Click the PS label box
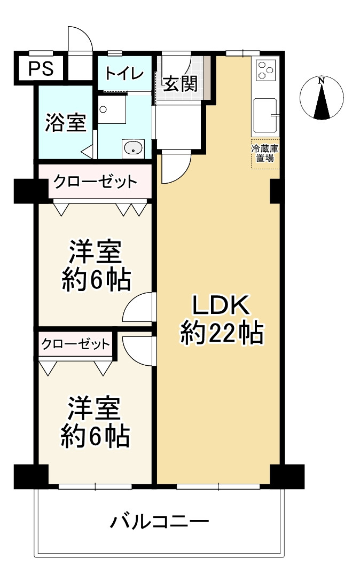(x=41, y=69)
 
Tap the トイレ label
(x=123, y=73)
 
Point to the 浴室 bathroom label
(x=65, y=123)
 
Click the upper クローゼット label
(x=94, y=182)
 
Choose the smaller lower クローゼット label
(x=75, y=344)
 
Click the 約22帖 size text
(x=221, y=334)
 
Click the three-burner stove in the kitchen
(x=265, y=69)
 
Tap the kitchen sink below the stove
(x=265, y=115)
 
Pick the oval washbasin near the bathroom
(x=132, y=147)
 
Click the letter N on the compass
(x=321, y=81)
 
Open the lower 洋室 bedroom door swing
(x=139, y=348)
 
